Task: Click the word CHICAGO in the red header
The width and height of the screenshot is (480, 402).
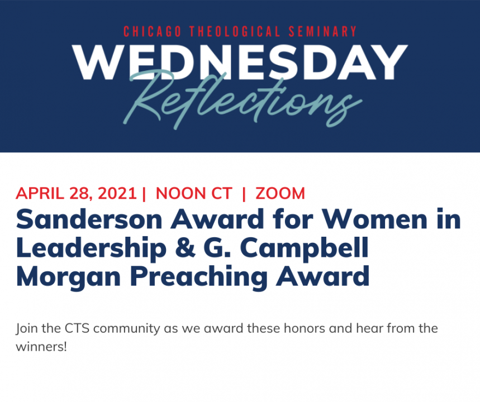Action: click(153, 31)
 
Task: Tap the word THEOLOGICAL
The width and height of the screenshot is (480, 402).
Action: click(235, 31)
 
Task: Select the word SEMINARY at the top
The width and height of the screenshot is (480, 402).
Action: click(322, 31)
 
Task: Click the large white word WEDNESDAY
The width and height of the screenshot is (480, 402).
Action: click(240, 63)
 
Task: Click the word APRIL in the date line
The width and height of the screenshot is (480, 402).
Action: click(40, 193)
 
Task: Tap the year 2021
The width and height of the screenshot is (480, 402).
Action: click(117, 193)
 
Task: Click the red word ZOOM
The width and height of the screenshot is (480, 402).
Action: click(280, 193)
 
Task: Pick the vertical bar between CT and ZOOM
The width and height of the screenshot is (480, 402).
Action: click(244, 194)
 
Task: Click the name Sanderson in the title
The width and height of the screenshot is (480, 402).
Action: click(89, 219)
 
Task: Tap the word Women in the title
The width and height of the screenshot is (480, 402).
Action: click(374, 219)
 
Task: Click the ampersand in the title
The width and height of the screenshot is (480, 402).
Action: click(185, 247)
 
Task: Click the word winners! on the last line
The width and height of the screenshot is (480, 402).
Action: click(41, 347)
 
